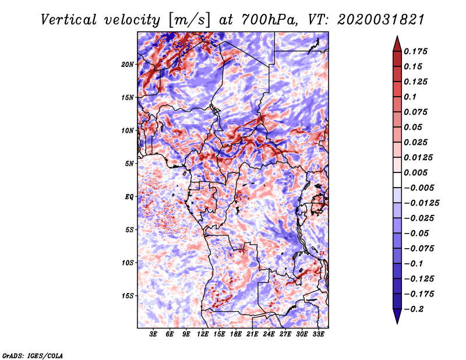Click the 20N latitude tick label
coord(128,65)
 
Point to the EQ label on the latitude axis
coord(129,197)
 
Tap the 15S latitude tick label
coord(128,296)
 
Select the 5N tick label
coord(129,164)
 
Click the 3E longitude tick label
coord(153,334)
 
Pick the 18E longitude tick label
coord(235,334)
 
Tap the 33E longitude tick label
coord(318,334)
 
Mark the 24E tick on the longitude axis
coord(269,334)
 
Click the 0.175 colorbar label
coord(415,51)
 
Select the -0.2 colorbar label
coord(414,309)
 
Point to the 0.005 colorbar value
coord(415,172)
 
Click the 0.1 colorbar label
coord(410,97)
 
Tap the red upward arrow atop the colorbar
coord(397,44)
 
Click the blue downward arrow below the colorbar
coord(397,316)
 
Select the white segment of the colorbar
coord(397,180)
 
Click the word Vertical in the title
coord(69,20)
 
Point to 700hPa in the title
coord(269,20)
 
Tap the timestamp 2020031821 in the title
coord(381,20)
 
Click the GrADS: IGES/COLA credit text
coord(33,356)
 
